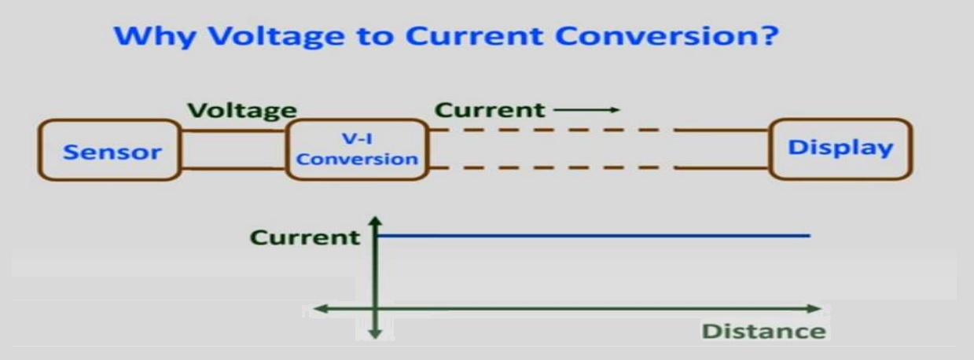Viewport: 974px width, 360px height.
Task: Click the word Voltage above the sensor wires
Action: pos(242,110)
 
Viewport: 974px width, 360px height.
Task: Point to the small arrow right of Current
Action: pos(586,109)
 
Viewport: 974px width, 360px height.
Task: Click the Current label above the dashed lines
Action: pos(490,109)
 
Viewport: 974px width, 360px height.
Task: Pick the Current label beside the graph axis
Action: pos(305,237)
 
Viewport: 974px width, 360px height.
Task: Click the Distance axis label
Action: pos(763,331)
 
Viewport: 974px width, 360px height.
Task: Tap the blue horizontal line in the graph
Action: pos(594,236)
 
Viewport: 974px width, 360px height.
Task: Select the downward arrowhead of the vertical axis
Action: pos(375,334)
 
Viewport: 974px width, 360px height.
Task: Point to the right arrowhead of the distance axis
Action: pos(815,309)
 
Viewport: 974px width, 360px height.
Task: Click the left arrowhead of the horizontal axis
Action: pos(320,309)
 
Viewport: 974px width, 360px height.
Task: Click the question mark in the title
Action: pos(769,35)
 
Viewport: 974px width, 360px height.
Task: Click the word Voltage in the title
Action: pos(277,36)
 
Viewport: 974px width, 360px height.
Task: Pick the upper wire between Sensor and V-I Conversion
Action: pos(233,130)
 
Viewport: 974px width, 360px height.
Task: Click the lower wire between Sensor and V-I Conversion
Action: pos(233,168)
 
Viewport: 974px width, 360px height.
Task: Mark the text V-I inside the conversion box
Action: pos(357,138)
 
